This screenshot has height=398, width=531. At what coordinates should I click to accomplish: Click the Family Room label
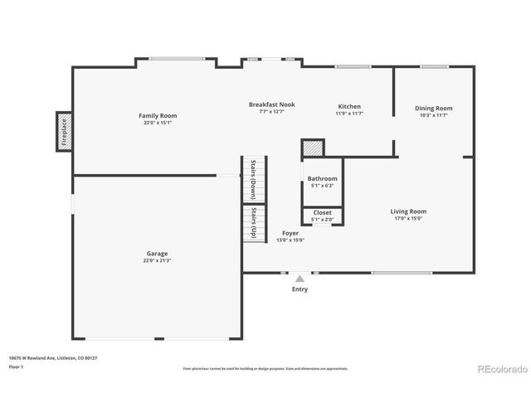[158, 115]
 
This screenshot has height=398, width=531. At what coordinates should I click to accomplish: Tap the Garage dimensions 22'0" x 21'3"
[157, 260]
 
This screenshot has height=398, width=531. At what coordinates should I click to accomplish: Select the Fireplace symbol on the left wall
[64, 131]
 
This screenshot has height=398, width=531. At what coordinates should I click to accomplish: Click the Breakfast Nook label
[271, 104]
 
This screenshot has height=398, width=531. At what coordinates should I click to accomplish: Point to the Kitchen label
[349, 107]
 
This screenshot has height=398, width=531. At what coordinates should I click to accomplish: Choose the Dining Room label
[433, 108]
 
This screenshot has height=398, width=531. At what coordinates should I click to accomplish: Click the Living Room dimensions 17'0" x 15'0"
[408, 218]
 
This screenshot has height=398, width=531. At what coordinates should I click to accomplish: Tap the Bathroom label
[322, 178]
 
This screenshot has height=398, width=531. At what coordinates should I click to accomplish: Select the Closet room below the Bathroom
[322, 216]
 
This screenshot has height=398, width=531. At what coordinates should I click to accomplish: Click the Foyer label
[290, 233]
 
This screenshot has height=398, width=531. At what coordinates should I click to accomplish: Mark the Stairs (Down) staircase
[254, 179]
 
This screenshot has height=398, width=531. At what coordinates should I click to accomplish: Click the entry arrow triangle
[300, 279]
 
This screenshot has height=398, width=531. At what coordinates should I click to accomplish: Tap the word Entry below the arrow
[300, 289]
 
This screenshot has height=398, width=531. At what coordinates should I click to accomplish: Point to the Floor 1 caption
[17, 366]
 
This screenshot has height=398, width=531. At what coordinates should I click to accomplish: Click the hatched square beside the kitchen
[312, 148]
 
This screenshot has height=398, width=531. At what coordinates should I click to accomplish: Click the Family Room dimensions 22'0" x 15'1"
[158, 123]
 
